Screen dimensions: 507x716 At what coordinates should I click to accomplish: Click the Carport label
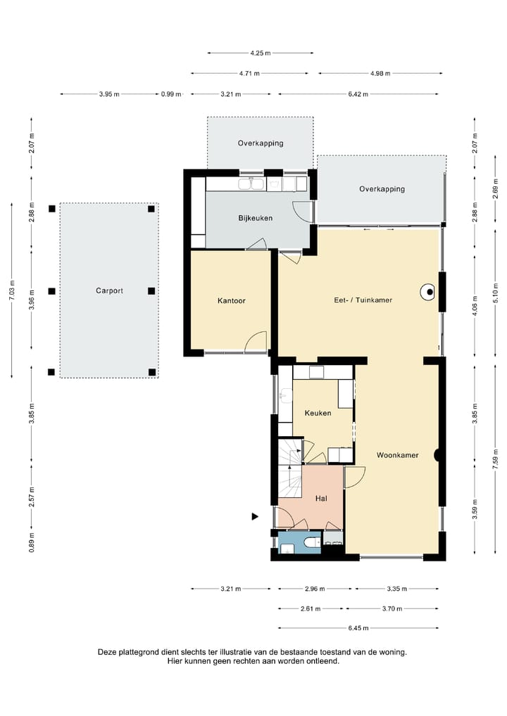109,290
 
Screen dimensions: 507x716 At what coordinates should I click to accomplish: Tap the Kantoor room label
232,300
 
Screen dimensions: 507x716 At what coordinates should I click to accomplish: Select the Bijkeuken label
255,218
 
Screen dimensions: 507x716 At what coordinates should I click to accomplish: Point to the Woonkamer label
397,455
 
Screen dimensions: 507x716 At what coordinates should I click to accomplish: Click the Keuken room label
318,413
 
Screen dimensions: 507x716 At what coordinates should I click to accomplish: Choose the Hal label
321,498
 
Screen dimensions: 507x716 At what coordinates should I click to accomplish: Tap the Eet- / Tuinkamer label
363,300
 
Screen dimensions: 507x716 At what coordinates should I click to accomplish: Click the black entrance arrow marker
255,516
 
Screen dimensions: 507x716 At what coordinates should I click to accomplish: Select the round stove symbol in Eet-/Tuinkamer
428,293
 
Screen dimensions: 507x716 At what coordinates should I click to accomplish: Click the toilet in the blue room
312,542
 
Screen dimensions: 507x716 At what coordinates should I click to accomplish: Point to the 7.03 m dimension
13,290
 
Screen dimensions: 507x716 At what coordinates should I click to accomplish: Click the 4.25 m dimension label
260,53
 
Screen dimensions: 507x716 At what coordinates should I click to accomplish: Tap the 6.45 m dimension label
358,628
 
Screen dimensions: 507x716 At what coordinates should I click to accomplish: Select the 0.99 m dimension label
171,94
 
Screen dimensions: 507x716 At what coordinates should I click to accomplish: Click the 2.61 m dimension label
311,608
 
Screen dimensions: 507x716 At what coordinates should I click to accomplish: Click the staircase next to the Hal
290,468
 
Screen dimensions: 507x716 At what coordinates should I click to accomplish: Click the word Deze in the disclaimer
107,652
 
